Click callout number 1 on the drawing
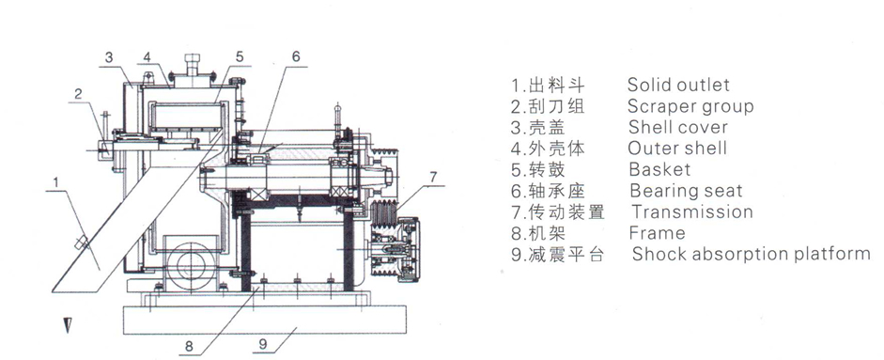point(56,182)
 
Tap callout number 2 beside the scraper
point(78,94)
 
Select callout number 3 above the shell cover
point(109,57)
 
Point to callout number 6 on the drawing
point(296,56)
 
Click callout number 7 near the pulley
point(432,177)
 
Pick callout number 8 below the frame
point(189,345)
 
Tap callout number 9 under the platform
point(263,342)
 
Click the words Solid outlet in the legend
point(678,86)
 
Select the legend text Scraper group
point(690,106)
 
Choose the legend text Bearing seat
point(686,191)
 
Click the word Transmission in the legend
point(692,211)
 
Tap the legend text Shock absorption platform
point(751,254)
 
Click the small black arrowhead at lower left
point(68,325)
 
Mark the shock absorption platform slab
point(264,320)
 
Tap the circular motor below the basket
point(191,263)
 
